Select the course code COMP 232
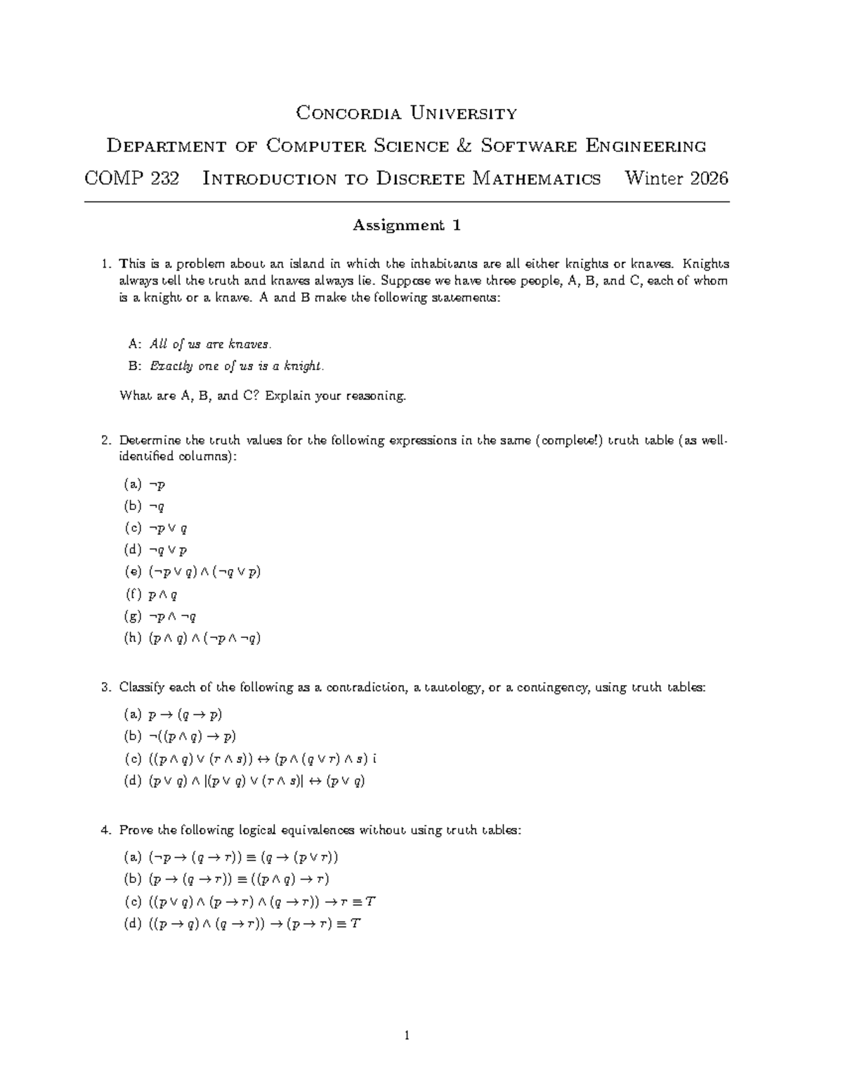point(131,178)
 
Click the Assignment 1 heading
point(406,226)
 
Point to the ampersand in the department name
point(464,146)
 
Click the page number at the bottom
point(407,1035)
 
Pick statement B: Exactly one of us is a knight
point(226,366)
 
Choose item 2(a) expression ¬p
point(157,484)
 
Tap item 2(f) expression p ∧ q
point(163,594)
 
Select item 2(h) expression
point(204,638)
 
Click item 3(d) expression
point(256,780)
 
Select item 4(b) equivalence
point(239,879)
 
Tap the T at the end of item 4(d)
point(355,923)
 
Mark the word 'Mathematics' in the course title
point(537,178)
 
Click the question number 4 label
point(105,830)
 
